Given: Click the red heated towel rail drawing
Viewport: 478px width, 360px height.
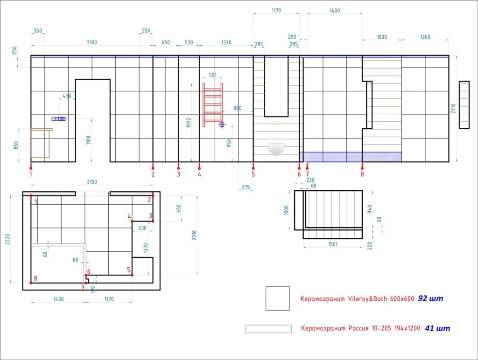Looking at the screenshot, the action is (x=213, y=105).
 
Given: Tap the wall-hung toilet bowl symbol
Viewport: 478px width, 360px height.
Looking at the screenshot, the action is (x=276, y=149).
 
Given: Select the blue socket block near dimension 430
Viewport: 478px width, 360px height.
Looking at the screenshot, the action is (x=58, y=119).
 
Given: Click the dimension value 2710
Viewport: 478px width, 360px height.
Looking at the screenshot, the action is (x=453, y=109).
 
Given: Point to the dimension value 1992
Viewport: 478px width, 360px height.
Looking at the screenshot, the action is (x=189, y=123).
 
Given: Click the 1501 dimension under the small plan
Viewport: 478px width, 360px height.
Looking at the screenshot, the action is (x=333, y=244).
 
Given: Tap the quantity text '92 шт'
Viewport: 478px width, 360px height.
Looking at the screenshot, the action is (x=430, y=298).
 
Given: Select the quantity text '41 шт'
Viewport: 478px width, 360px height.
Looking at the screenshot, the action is (x=437, y=328).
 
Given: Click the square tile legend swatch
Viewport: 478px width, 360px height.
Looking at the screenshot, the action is (x=277, y=298).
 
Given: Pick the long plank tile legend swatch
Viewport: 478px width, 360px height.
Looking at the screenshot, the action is (x=268, y=329).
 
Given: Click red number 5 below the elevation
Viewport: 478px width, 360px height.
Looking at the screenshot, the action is (x=253, y=174).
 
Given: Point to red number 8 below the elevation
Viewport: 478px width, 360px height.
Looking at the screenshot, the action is (x=362, y=174).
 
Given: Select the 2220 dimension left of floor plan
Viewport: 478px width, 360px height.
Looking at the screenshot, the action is (x=7, y=239).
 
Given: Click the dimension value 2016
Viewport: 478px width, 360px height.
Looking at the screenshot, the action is (x=194, y=235).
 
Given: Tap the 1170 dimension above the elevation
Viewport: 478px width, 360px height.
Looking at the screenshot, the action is (x=276, y=11).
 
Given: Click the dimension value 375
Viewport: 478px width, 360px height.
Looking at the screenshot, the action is (x=246, y=187).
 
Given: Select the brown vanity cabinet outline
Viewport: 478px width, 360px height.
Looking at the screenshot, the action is (x=41, y=143).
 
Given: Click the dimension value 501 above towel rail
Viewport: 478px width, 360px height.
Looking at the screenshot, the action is (x=213, y=75).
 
